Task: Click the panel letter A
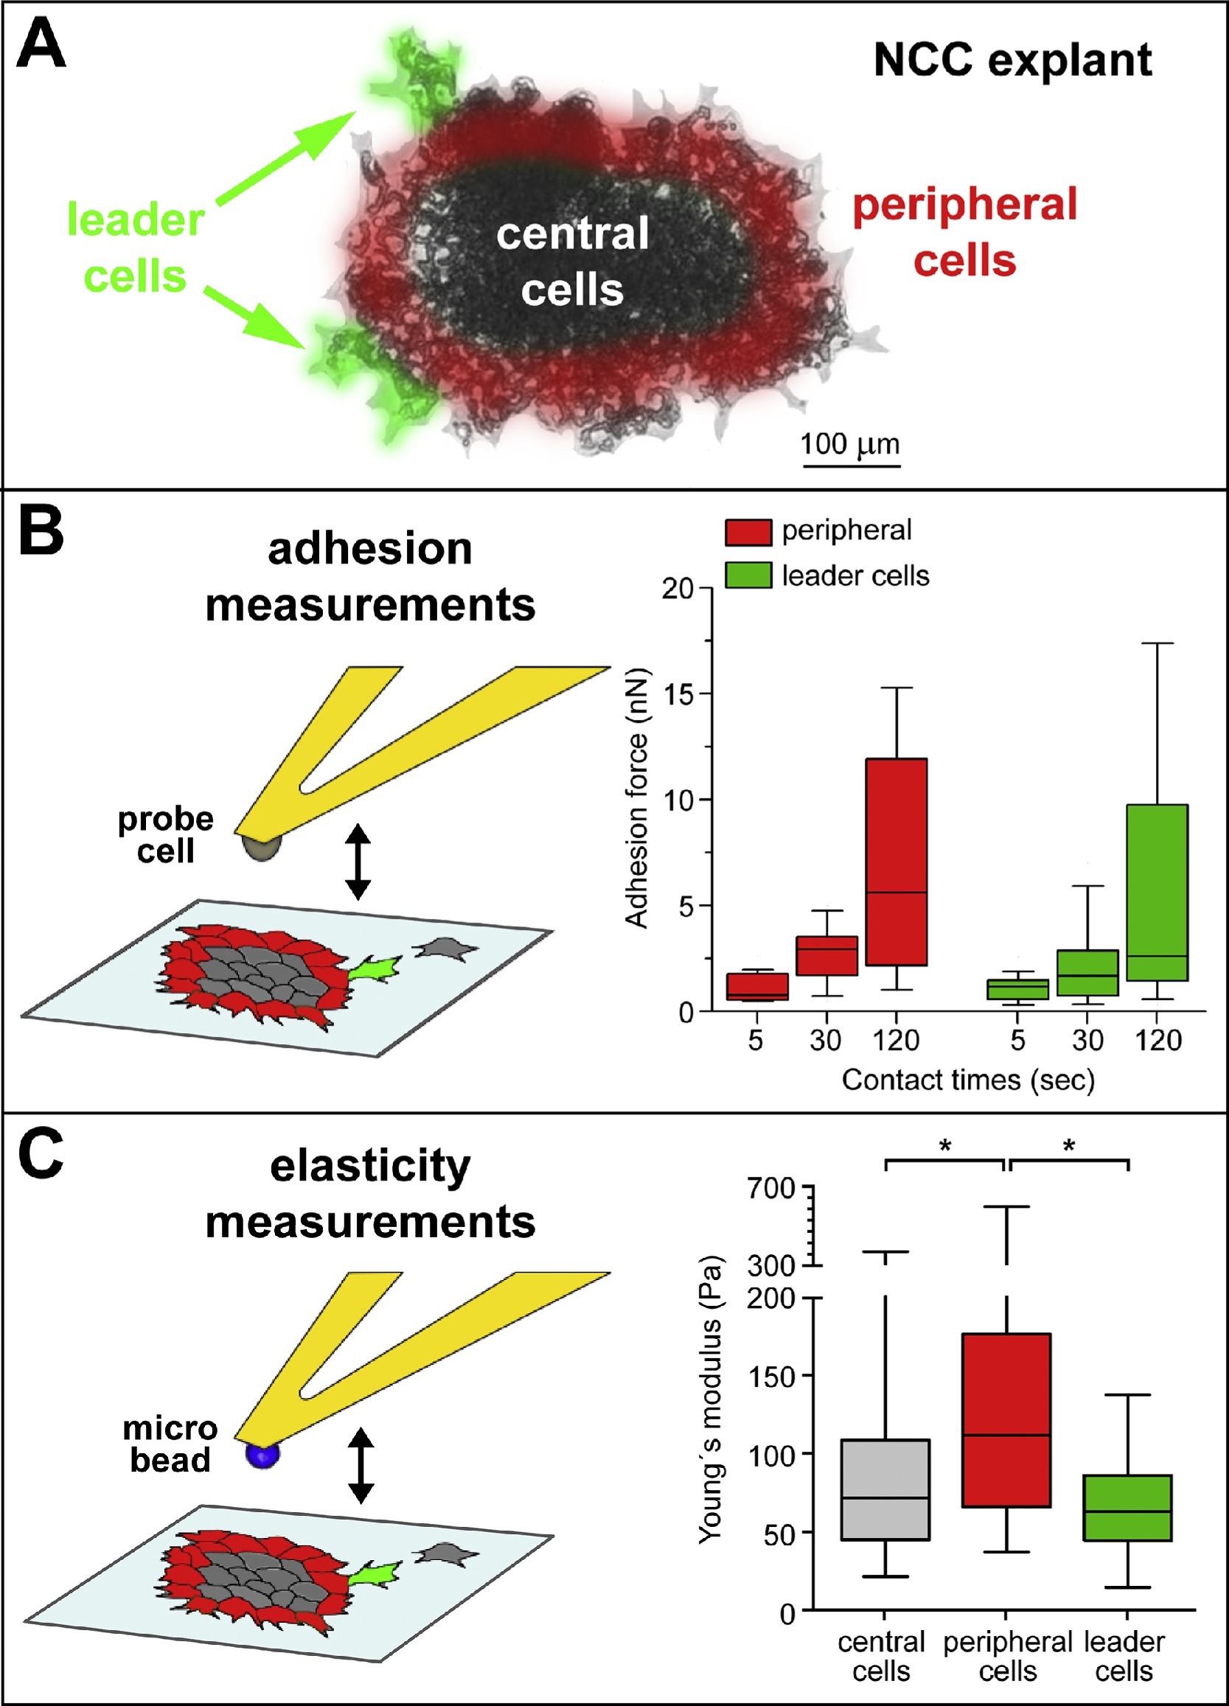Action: (x=42, y=45)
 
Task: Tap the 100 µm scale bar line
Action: (x=852, y=466)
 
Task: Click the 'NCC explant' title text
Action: (x=1012, y=60)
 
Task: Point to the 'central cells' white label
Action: (x=572, y=261)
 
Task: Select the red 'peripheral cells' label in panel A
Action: (x=965, y=231)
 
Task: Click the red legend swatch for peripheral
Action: (x=748, y=532)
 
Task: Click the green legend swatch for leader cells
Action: (x=748, y=576)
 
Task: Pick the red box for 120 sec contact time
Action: (x=896, y=861)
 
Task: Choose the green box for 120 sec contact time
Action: (x=1157, y=892)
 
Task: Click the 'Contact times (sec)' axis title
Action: (x=968, y=1080)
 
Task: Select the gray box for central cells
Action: (x=885, y=1489)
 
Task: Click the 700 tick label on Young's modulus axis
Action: (x=770, y=1189)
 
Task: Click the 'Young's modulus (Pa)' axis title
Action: (x=710, y=1399)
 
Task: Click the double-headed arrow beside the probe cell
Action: (x=358, y=862)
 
